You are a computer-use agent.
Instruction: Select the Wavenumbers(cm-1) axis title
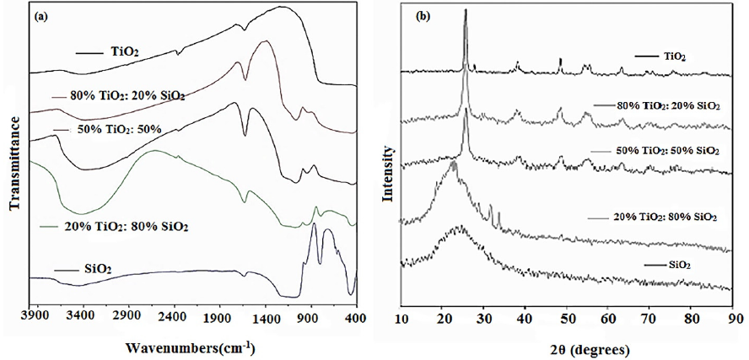(x=190, y=347)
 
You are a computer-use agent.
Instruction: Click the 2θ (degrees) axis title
(x=568, y=347)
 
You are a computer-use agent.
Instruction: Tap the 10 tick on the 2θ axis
(x=401, y=320)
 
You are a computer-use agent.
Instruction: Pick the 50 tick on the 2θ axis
(x=568, y=320)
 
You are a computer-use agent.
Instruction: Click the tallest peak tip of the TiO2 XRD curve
(x=465, y=11)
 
